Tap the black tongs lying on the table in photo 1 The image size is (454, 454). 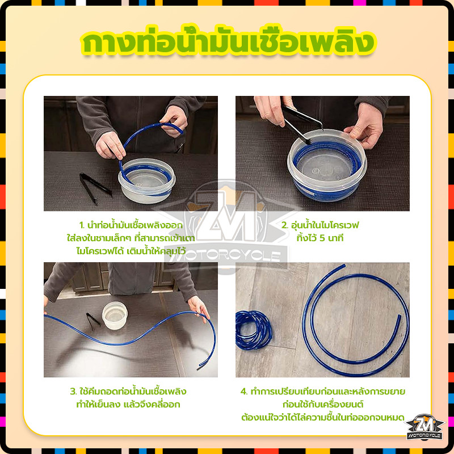click(95, 188)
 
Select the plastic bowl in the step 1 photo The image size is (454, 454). click(147, 180)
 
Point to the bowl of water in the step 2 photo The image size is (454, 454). click(327, 165)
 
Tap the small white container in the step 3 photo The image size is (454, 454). click(115, 316)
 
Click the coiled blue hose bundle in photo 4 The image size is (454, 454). click(253, 330)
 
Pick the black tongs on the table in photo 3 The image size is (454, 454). click(93, 321)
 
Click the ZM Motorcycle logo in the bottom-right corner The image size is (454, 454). click(424, 427)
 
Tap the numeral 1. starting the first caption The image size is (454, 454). click(82, 225)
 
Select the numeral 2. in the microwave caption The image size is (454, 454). click(285, 225)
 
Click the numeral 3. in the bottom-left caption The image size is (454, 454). click(73, 392)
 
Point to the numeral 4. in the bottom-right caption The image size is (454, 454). click(244, 392)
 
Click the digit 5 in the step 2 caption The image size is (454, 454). click(322, 238)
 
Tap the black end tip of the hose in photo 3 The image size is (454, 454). click(200, 368)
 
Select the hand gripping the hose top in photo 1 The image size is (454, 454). click(174, 121)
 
